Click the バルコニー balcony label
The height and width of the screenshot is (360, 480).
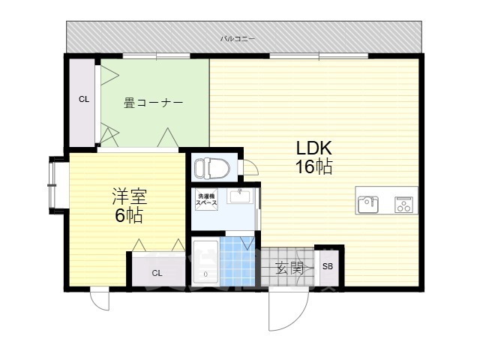click(238, 39)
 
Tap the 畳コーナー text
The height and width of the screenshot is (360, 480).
click(153, 103)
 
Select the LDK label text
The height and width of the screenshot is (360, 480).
click(313, 148)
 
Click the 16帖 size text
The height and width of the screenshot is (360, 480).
click(313, 166)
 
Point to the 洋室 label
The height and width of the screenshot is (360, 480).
click(130, 196)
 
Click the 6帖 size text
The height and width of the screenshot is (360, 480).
click(129, 215)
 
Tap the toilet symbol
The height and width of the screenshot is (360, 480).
click(212, 167)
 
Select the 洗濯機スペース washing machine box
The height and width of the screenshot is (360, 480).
click(207, 199)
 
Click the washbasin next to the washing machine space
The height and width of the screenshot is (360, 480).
click(240, 196)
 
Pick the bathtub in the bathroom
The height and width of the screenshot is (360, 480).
click(205, 262)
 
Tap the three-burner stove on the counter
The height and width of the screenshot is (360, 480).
click(403, 205)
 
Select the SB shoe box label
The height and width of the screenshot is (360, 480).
click(328, 266)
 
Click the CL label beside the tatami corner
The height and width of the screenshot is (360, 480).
click(84, 99)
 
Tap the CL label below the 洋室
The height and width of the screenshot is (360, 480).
click(157, 273)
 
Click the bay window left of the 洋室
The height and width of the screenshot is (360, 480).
click(55, 185)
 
